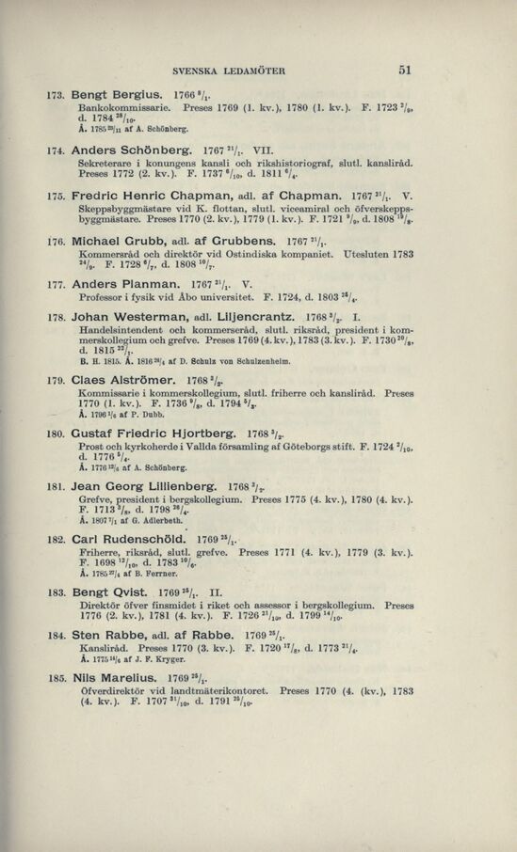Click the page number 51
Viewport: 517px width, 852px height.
406,69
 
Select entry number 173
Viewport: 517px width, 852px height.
57,97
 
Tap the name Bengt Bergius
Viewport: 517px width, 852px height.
119,97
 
